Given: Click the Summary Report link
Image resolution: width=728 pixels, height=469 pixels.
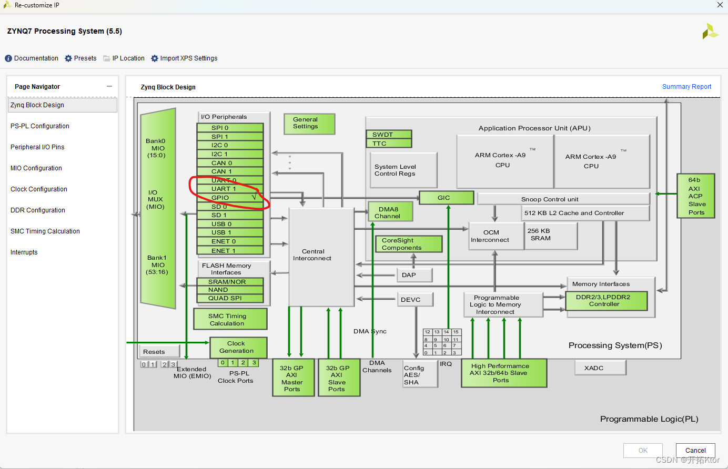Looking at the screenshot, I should tap(686, 87).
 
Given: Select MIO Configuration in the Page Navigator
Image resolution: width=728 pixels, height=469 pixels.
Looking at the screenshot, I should tap(36, 168).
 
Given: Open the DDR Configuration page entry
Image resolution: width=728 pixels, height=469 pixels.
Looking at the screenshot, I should tap(38, 210).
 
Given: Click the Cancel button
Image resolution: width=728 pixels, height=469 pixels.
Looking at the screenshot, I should tap(695, 451).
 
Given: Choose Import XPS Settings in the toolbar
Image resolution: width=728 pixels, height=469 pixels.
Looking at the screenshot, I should tap(184, 58).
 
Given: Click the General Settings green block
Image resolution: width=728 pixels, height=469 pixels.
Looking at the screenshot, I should tap(309, 124).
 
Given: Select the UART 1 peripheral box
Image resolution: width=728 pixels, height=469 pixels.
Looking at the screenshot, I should tap(230, 189).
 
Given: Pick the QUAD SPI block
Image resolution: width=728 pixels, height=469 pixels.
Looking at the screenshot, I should tap(230, 298).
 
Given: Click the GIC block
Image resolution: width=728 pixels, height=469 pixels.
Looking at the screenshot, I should tap(446, 198).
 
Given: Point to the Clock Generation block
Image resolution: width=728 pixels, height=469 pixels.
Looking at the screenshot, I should tap(238, 347).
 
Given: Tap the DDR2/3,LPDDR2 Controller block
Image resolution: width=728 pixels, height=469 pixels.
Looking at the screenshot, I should tap(606, 301).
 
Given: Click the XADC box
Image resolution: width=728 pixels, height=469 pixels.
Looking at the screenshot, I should tap(600, 368).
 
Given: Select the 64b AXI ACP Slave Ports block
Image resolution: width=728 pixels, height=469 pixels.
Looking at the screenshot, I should tap(695, 196).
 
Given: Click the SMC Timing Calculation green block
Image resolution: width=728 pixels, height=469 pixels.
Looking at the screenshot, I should tap(230, 319).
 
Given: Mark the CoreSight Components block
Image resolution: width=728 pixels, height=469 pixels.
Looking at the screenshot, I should tap(408, 244).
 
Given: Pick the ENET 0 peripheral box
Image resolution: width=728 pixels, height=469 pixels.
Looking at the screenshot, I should tap(230, 241).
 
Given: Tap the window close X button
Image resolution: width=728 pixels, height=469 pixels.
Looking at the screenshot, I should tap(720, 5).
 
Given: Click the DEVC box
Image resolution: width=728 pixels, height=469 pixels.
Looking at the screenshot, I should tap(414, 300).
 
